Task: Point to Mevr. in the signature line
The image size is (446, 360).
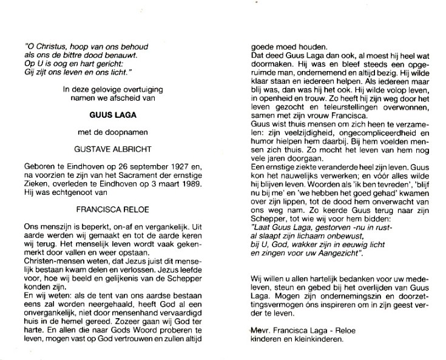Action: (262, 330)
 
